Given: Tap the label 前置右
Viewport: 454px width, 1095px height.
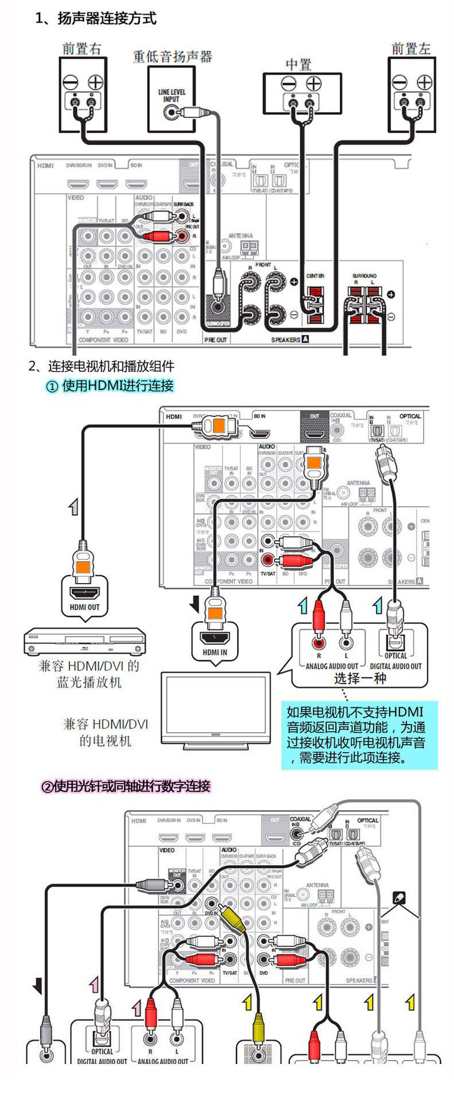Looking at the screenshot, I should [82, 49].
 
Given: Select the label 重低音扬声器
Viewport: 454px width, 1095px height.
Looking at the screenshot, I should [172, 56].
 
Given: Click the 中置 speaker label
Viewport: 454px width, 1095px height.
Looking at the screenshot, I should [298, 64].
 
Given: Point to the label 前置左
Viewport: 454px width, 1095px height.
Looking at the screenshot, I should [411, 49].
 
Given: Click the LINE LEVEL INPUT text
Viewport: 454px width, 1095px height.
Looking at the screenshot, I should [171, 95].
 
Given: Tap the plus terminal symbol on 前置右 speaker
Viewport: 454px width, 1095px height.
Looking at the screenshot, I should [95, 82].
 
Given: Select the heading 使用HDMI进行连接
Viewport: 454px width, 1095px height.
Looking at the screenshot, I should [110, 385].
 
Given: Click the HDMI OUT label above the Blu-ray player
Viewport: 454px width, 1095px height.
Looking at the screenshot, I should [85, 607].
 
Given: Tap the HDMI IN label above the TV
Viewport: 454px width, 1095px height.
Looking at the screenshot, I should [214, 652].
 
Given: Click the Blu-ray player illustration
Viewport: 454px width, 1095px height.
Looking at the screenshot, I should [84, 642].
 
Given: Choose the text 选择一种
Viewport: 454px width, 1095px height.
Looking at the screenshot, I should [360, 678].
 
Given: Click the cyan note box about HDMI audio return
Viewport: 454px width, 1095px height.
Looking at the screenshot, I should [359, 735].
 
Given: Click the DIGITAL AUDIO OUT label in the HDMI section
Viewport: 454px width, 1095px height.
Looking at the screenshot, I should [395, 666].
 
